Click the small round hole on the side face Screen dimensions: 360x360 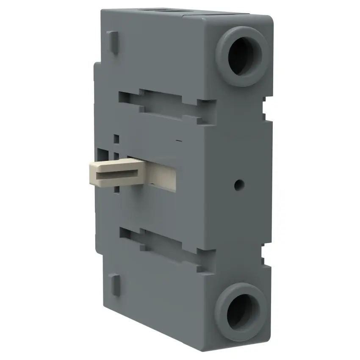coord(239,184)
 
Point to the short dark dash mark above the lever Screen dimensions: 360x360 coord(179,140)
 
